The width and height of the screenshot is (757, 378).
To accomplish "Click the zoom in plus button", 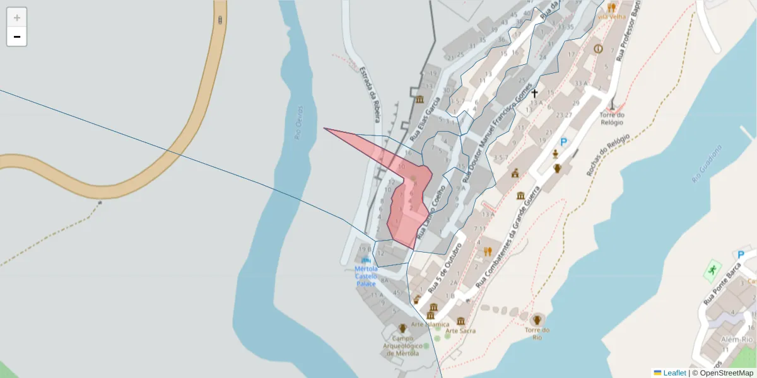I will [17, 18].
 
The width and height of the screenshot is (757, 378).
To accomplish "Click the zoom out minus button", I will [17, 37].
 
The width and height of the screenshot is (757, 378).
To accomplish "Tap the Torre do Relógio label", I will [612, 118].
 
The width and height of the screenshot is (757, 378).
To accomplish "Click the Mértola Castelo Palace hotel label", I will [367, 276].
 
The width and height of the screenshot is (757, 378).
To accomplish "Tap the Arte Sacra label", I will [461, 331].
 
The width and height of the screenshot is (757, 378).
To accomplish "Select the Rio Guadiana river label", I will [706, 163].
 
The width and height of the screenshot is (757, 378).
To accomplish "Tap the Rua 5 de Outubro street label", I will [445, 267].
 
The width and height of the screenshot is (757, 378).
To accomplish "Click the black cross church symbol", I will [534, 93].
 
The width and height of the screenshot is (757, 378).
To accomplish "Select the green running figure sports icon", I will [712, 270].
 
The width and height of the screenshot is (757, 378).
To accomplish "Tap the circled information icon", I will [598, 49].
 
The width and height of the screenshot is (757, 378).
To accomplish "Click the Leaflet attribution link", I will [674, 373].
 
